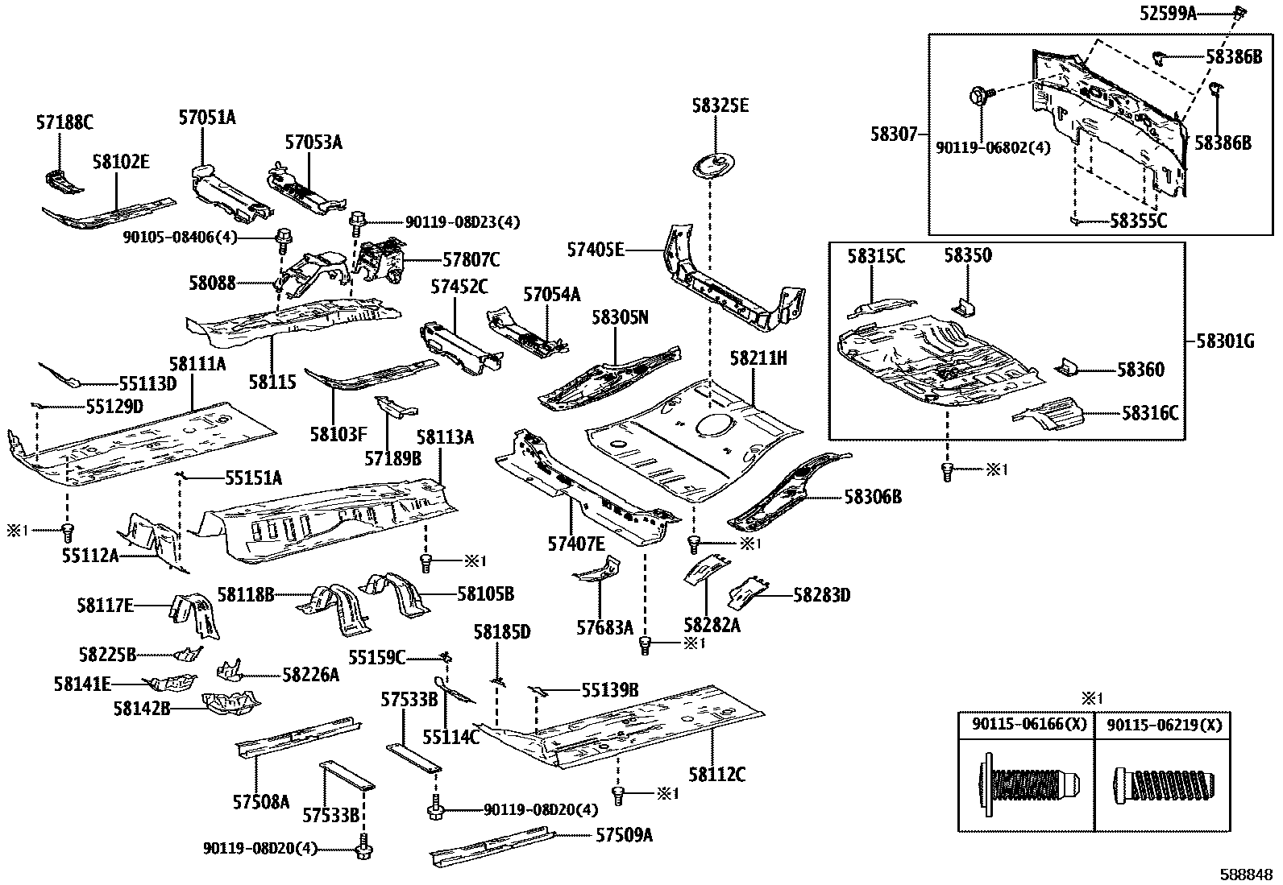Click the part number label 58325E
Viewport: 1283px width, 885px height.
click(x=720, y=106)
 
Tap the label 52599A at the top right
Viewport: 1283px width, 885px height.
click(x=1169, y=13)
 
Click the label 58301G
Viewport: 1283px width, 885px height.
click(x=1225, y=341)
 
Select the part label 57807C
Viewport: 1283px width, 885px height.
click(x=471, y=260)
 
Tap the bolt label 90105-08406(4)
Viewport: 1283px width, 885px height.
click(x=180, y=237)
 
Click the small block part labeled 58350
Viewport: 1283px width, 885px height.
click(x=965, y=307)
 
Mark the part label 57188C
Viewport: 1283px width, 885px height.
click(x=64, y=122)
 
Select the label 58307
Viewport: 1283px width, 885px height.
click(x=894, y=134)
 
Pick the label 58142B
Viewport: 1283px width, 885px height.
click(x=142, y=708)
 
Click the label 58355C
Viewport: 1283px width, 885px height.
click(x=1138, y=220)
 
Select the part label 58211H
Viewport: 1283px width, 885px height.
click(x=758, y=358)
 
